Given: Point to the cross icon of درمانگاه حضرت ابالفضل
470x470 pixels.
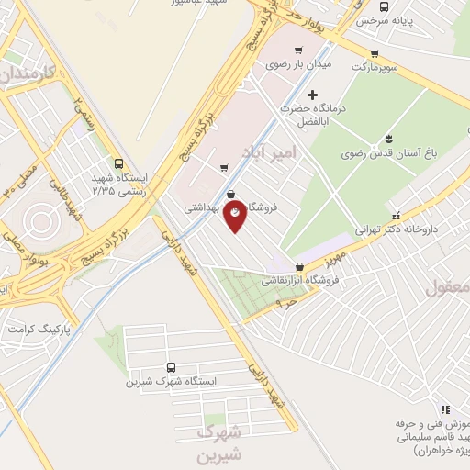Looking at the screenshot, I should [313, 94].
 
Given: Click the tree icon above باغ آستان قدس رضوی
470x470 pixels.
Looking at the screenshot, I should [389, 139].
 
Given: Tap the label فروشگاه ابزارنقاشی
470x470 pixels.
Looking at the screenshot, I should [303, 280].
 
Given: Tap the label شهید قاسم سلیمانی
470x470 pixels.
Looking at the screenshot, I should [435, 439].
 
